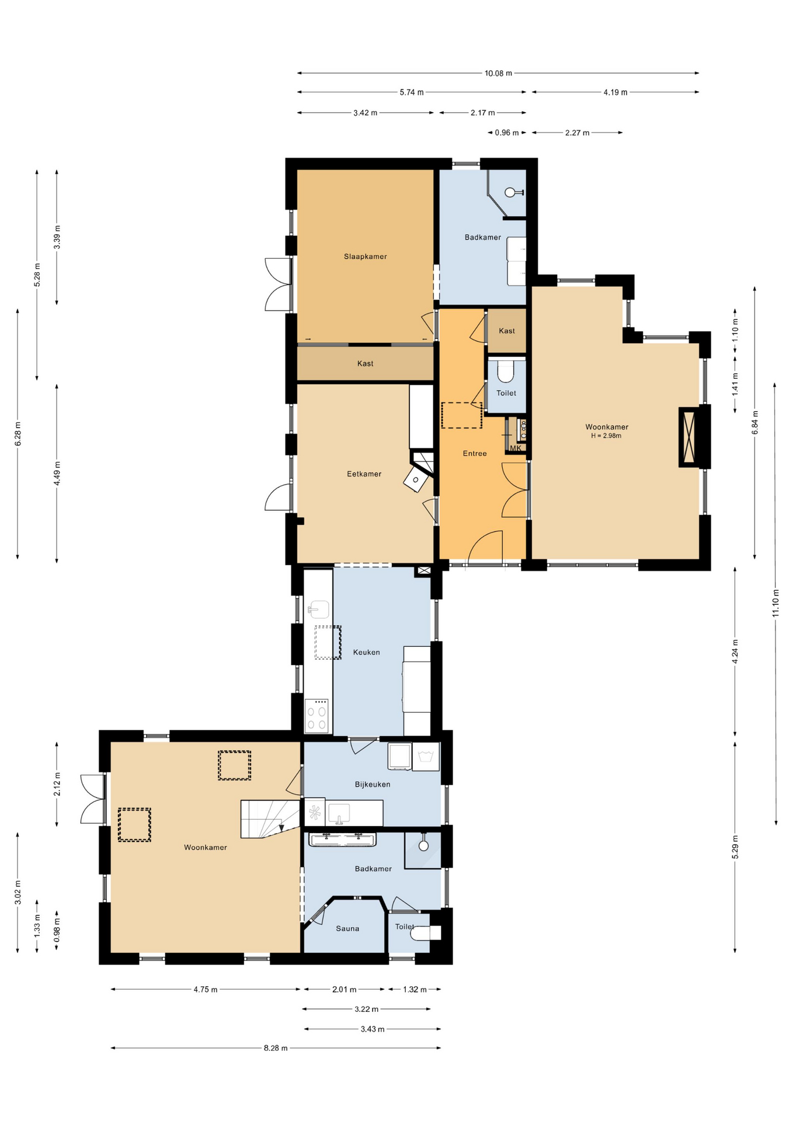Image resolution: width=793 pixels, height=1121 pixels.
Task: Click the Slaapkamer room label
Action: point(365,256)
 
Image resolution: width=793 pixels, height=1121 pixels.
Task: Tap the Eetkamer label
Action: point(364,474)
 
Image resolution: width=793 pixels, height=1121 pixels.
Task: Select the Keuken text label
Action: point(366,652)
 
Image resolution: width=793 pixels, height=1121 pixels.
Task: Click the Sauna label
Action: point(347,928)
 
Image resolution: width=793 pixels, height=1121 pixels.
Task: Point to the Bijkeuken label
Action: point(373,784)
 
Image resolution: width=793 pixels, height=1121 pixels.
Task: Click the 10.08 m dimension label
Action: point(498,74)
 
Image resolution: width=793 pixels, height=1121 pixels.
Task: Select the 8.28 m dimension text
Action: point(276,1048)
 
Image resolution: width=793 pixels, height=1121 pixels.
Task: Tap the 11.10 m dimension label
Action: point(775,604)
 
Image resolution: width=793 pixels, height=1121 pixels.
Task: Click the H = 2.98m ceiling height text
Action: point(606,436)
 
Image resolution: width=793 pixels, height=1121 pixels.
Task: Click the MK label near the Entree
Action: point(515,448)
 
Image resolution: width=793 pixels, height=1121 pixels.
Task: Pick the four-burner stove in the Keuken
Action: point(316,718)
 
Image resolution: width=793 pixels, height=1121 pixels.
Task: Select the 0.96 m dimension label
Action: point(506,133)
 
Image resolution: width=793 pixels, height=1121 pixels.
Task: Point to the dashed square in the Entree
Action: point(461,415)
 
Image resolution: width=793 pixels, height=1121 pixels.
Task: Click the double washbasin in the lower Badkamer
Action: point(343,840)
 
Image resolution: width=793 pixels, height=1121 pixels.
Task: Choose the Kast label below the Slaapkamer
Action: point(365,364)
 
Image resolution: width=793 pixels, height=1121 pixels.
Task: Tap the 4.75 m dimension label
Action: point(206,990)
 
